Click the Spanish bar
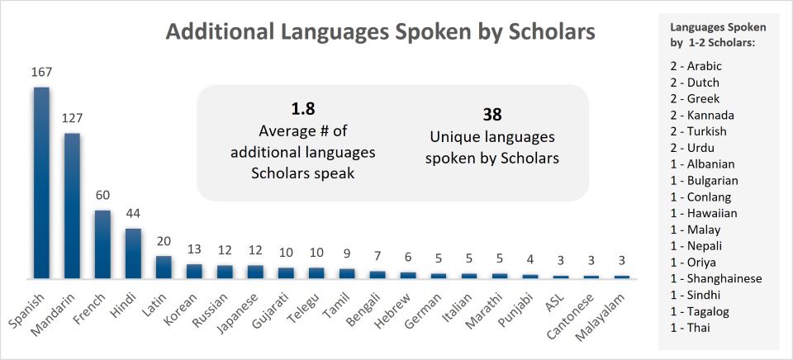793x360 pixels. pos(41,182)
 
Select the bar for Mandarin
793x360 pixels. pos(72,206)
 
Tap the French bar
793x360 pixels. pos(102,244)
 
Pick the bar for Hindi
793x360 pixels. pos(133,253)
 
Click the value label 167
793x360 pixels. pos(41,73)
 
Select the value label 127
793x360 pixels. pos(72,119)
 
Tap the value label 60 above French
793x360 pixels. pos(102,196)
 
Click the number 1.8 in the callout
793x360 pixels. pos(303,108)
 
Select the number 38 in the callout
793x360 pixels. pos(492,115)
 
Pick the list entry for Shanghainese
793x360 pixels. pos(716,278)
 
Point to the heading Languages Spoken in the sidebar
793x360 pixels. pos(719,27)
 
